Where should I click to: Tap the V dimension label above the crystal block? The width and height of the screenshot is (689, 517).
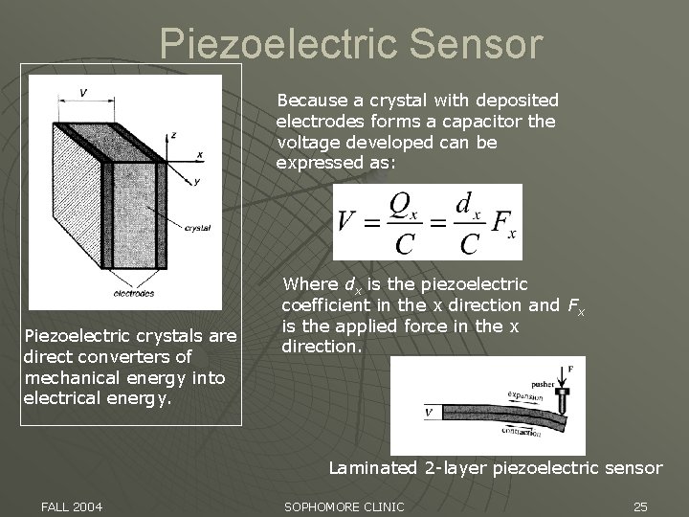coord(84,93)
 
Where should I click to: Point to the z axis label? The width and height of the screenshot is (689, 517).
coord(172,135)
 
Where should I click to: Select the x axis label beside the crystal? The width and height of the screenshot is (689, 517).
coord(199,154)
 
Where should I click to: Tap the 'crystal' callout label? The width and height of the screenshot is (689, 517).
coord(198,228)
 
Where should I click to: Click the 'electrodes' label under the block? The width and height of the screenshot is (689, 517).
coord(134,293)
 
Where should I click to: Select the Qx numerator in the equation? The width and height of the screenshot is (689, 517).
coord(402,205)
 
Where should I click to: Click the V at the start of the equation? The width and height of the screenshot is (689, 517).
coord(348,222)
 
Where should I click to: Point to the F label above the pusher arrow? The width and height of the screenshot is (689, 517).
coord(571,367)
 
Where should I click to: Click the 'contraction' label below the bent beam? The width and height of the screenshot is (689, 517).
coord(520,432)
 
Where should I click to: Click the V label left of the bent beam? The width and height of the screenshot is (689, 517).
coord(429,413)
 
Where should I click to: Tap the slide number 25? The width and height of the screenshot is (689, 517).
coord(641,506)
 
